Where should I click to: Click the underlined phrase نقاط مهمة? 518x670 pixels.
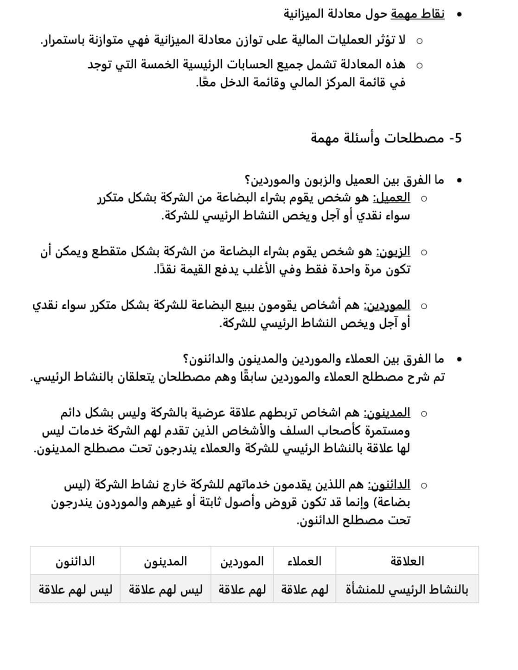pyautogui.click(x=417, y=14)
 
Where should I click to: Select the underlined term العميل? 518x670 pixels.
pyautogui.click(x=392, y=198)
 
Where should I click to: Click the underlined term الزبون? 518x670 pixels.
pyautogui.click(x=393, y=252)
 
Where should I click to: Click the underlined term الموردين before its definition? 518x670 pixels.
pyautogui.click(x=387, y=306)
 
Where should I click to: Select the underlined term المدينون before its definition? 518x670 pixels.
pyautogui.click(x=387, y=413)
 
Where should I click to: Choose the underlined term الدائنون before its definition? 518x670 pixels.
pyautogui.click(x=389, y=485)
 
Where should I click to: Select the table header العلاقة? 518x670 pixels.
pyautogui.click(x=407, y=561)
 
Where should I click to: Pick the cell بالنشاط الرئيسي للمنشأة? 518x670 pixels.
pyautogui.click(x=407, y=590)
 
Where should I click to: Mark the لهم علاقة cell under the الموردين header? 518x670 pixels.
pyautogui.click(x=242, y=590)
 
